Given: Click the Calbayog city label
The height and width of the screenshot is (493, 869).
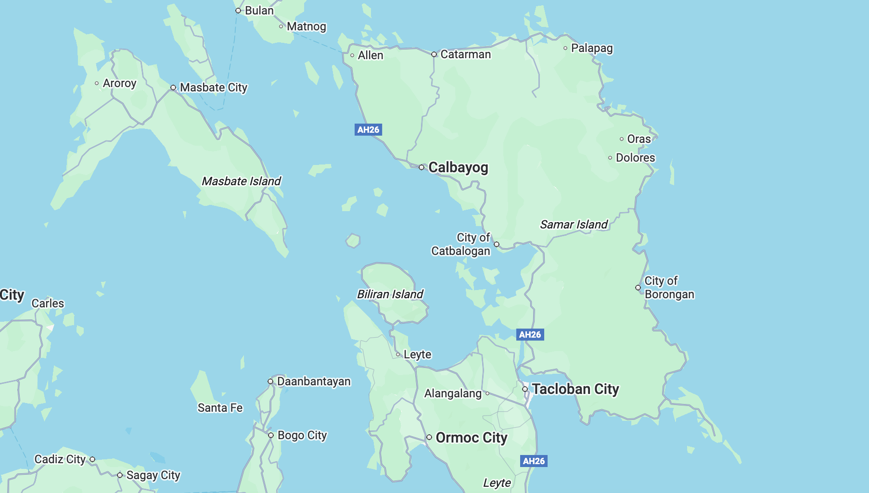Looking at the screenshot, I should click(458, 167).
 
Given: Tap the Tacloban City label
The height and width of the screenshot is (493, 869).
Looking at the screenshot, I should click(575, 389).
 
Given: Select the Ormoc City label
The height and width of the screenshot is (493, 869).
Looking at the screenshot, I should click(471, 438).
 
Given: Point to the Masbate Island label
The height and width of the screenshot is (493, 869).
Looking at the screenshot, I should click(241, 181).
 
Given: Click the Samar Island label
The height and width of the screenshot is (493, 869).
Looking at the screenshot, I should click(574, 225).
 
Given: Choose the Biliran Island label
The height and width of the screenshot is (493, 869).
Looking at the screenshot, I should click(390, 294).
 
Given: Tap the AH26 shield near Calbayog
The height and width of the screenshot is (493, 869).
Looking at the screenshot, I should click(368, 129).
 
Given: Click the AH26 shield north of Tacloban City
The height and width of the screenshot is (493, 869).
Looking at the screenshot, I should click(530, 334).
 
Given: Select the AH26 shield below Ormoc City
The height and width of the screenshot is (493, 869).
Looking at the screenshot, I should click(534, 461).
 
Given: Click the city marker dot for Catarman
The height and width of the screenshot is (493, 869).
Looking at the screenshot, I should click(434, 54).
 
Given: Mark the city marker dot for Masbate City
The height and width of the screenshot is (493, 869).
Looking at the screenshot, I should click(173, 88).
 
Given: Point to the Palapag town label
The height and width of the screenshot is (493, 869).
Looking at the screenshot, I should click(592, 48).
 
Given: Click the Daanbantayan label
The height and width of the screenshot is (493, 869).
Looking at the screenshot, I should click(314, 381).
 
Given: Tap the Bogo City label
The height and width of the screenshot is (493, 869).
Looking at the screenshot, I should click(302, 435).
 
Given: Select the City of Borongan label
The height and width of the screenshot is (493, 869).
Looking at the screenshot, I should click(669, 288).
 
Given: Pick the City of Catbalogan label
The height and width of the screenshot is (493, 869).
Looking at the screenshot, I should click(460, 244).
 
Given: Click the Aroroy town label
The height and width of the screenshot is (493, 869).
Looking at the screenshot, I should click(119, 83).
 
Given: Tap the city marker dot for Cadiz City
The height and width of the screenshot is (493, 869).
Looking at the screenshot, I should click(92, 459).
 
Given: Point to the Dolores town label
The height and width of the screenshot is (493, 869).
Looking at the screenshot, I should click(635, 158).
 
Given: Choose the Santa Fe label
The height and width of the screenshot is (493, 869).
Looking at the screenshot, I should click(220, 408).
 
